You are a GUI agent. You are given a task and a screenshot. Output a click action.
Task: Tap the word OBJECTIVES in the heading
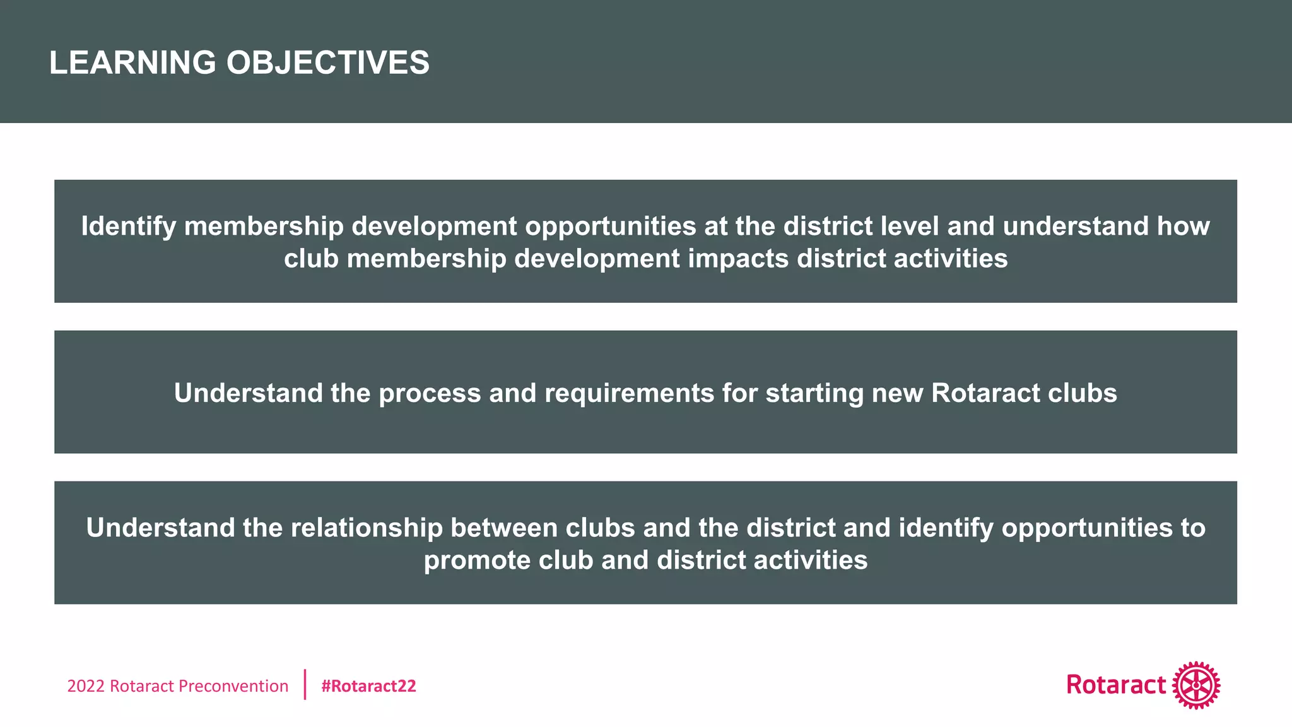327,63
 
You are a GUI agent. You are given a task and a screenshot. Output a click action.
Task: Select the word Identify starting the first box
128,227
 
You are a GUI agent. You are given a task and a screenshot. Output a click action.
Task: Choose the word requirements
629,394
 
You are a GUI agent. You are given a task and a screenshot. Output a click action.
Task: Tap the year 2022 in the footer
86,686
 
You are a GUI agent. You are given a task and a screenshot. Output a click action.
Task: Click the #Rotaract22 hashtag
368,686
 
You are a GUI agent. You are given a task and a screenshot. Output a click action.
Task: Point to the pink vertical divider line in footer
305,685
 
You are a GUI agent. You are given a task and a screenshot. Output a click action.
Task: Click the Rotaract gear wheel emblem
1196,685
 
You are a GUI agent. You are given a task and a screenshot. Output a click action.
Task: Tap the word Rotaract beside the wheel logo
1116,685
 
